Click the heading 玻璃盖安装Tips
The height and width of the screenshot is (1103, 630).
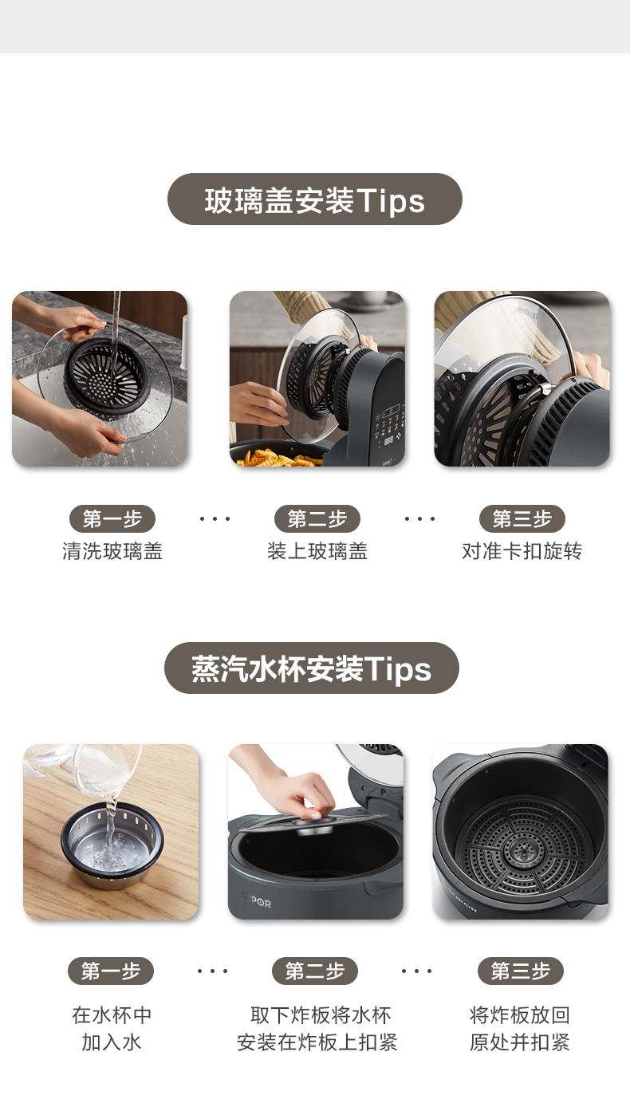coord(314,199)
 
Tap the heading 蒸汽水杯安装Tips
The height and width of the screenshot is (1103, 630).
coord(312,668)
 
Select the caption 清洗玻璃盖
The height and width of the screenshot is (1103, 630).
coord(112,551)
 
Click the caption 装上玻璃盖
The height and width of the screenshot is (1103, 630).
coord(317,551)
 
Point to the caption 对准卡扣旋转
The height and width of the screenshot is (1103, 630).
coord(522,551)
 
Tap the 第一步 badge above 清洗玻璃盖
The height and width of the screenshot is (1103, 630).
coord(112,518)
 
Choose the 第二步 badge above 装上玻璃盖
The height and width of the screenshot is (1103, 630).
coord(317,518)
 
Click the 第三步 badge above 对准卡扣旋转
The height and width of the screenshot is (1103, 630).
coord(522,518)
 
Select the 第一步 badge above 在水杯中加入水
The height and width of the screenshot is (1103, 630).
coord(111,971)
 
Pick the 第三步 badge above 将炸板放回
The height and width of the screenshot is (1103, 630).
coord(520,971)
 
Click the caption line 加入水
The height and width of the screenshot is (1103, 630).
coord(112,1042)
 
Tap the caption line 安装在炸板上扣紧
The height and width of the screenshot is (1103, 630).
coord(317,1042)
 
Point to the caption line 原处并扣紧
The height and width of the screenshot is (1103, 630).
coord(520,1042)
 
